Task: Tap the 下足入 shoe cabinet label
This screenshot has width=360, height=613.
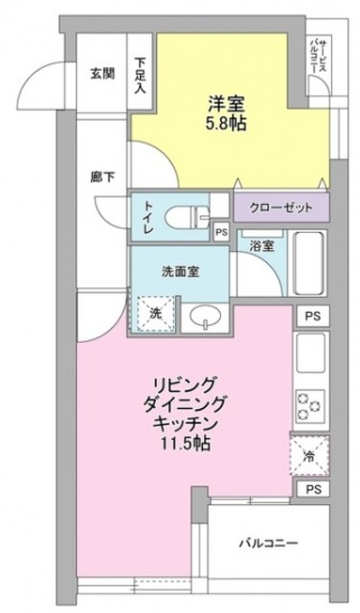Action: [141, 72]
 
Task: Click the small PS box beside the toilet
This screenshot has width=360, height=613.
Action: [221, 230]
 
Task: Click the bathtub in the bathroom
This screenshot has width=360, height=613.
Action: [309, 262]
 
